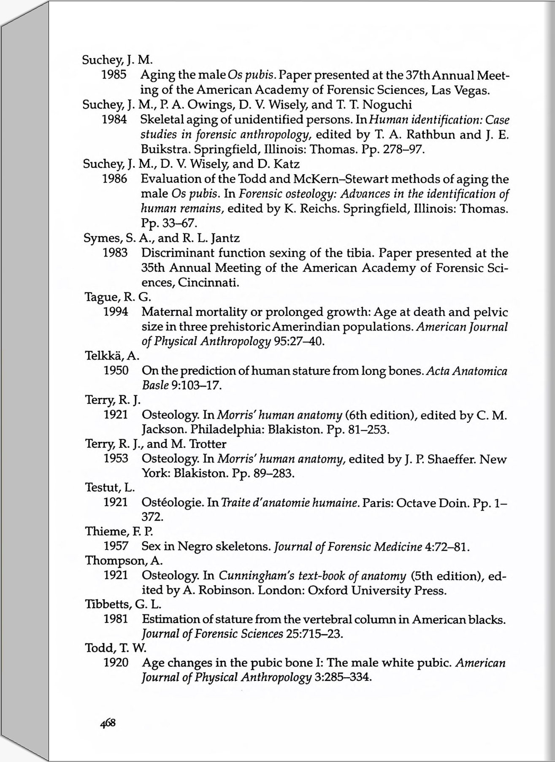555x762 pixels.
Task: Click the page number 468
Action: point(108,723)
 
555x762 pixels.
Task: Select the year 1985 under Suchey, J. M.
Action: point(114,75)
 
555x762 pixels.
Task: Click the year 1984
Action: point(114,119)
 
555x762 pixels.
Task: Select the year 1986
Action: point(115,179)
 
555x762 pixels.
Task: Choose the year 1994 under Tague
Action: point(116,312)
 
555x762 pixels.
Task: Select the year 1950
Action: point(116,370)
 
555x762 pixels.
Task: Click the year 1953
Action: point(116,459)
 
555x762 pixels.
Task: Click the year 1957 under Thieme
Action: point(116,546)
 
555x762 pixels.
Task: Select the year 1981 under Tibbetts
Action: point(116,619)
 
